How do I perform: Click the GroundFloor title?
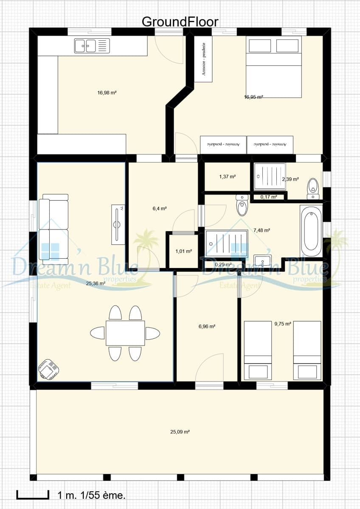pos(180,22)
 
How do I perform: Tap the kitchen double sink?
pos(92,46)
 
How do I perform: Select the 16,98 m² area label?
pos(107,92)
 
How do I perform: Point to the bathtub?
pos(311,231)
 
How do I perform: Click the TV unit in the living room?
pos(118,224)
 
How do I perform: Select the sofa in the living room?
pos(53,227)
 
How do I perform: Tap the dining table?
pos(125,333)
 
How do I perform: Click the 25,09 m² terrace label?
pos(180,432)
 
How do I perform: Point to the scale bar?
pos(32,495)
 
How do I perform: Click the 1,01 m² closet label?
pos(183,251)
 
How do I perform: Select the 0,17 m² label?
pos(268,197)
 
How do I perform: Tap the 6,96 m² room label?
pos(207,326)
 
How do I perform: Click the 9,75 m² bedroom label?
pos(282,324)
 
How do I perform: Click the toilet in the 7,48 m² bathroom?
pos(242,205)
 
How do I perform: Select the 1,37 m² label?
pos(227,176)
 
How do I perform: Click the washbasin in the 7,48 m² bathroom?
pos(262,260)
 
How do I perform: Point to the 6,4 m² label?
pos(159,208)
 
